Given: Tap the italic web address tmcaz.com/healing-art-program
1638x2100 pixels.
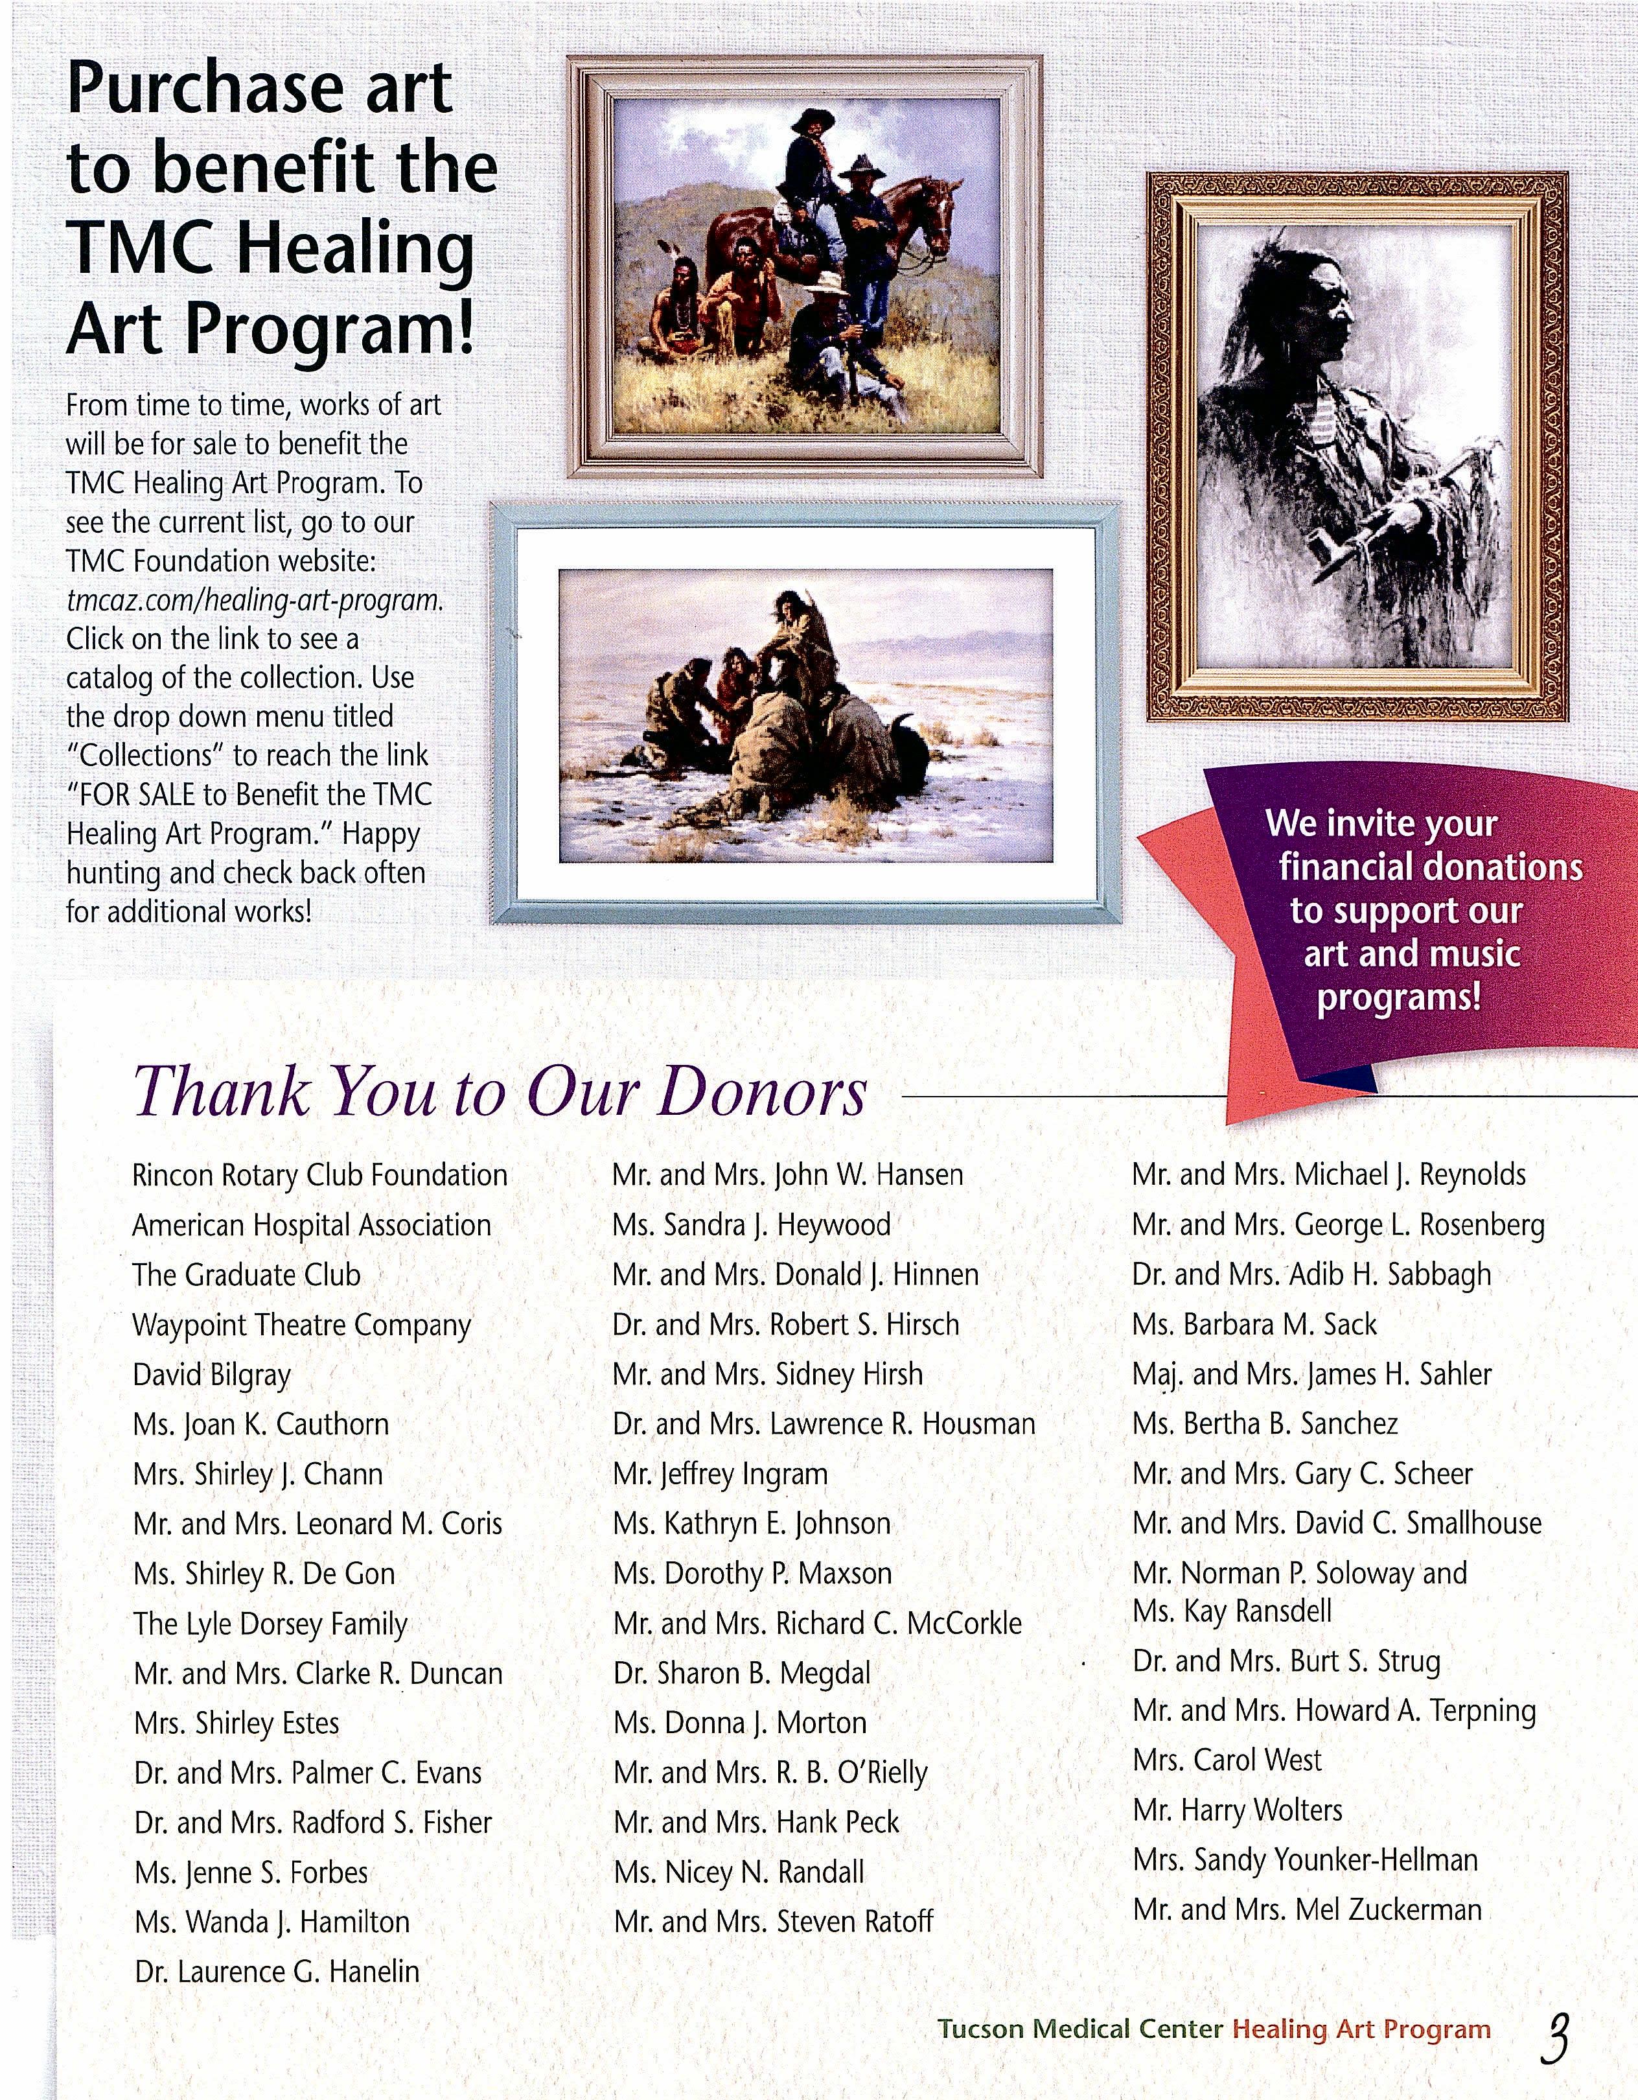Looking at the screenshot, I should pyautogui.click(x=255, y=600).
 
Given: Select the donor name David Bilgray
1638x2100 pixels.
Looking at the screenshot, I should pyautogui.click(x=211, y=1375).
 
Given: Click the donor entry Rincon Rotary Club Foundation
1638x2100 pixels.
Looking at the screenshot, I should pyautogui.click(x=319, y=1175).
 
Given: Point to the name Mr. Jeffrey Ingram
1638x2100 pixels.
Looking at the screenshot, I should pyautogui.click(x=720, y=1474).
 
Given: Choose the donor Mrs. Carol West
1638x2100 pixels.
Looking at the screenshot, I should pyautogui.click(x=1227, y=1760).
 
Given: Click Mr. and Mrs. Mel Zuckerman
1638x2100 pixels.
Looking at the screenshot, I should pyautogui.click(x=1306, y=1909).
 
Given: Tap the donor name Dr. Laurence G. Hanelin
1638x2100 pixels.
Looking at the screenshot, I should pyautogui.click(x=277, y=1971).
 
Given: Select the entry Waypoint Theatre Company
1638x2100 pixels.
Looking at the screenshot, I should pyautogui.click(x=301, y=1325).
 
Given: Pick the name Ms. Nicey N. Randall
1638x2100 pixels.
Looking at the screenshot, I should pyautogui.click(x=738, y=1872).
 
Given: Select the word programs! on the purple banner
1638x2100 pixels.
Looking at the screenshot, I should pyautogui.click(x=1399, y=997).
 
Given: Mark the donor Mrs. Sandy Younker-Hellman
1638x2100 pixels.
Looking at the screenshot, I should pyautogui.click(x=1304, y=1860).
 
